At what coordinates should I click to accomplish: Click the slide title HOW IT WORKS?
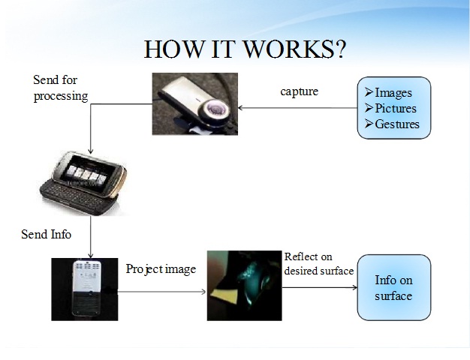245,48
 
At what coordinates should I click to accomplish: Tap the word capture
299,91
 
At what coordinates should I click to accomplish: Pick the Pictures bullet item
391,109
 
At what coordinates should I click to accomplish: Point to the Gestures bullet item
392,124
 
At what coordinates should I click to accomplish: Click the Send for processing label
60,88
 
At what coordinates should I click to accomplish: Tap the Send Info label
47,235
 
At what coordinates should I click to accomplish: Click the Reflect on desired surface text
318,264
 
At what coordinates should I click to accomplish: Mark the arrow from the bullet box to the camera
297,108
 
